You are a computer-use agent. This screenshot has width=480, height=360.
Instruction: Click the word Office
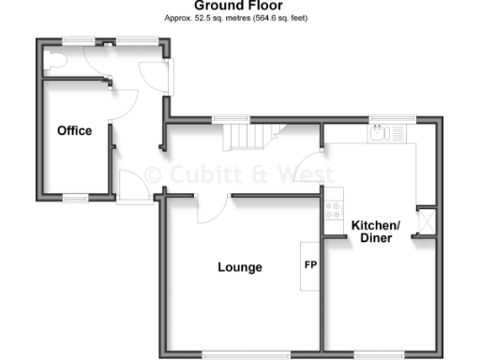74,130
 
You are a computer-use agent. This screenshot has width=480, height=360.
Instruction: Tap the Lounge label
240,267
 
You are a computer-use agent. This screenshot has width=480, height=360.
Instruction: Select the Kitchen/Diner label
376,231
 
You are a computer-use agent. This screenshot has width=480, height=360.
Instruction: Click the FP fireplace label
310,264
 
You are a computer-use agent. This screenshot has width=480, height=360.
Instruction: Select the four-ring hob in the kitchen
332,212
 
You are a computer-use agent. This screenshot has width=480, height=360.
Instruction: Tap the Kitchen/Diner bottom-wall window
381,353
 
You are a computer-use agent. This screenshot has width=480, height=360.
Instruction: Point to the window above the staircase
230,118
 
